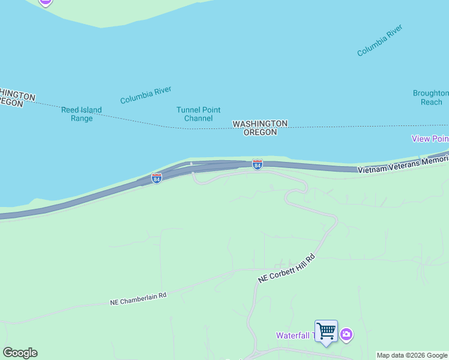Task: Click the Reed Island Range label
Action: click(x=82, y=114)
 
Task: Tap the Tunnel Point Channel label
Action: click(x=198, y=114)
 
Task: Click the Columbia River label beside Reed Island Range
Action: click(x=146, y=95)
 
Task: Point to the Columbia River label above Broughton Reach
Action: click(x=379, y=40)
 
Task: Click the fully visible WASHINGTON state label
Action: click(x=260, y=124)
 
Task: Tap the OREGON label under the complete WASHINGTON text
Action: click(x=260, y=132)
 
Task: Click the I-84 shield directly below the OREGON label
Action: click(x=257, y=164)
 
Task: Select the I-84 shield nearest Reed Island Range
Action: click(x=156, y=178)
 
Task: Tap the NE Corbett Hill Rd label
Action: click(x=286, y=269)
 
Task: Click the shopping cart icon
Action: click(x=326, y=331)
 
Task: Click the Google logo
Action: click(x=20, y=353)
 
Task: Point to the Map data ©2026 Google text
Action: click(x=412, y=356)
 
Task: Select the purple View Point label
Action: click(x=430, y=139)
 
